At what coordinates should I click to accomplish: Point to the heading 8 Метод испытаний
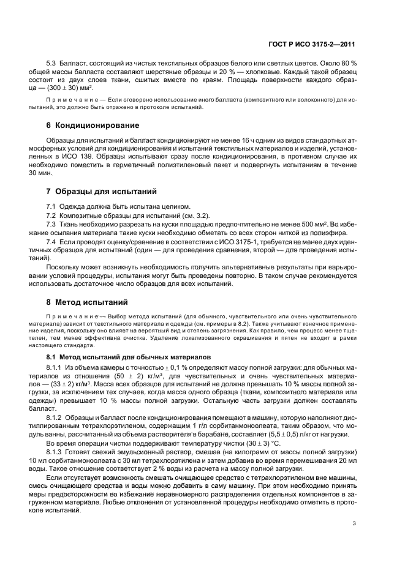point(87,302)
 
